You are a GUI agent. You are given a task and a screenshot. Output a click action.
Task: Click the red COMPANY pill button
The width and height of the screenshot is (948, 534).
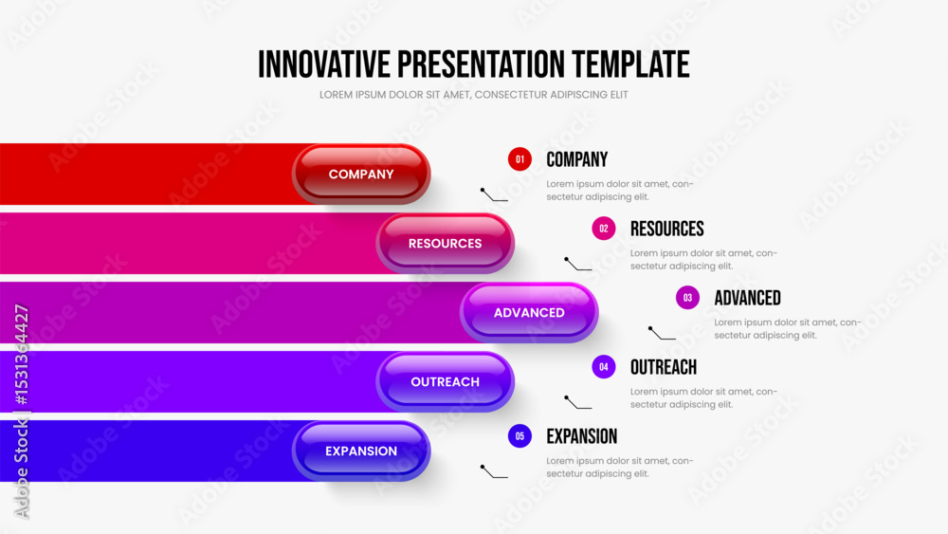pos(361,175)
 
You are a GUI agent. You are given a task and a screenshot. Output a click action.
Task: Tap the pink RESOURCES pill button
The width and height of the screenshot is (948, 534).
pos(445,243)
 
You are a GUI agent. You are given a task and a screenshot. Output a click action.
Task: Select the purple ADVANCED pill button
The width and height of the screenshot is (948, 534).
pos(529,313)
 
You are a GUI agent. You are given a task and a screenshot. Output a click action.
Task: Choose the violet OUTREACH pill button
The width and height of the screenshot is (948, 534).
pos(445,381)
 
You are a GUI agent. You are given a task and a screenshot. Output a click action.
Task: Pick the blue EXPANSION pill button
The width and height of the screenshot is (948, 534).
pos(361,451)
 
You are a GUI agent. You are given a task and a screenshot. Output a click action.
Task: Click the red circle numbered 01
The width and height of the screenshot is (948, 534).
pos(520,159)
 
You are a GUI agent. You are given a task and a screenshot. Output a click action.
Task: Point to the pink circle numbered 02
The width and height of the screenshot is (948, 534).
pos(603,229)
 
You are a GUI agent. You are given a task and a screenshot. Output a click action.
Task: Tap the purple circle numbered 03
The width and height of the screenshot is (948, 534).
pos(687,298)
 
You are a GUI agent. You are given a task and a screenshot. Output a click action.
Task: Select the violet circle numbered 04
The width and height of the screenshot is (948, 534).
pos(603,366)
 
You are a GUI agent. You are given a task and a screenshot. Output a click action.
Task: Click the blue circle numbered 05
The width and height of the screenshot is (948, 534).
pos(520,436)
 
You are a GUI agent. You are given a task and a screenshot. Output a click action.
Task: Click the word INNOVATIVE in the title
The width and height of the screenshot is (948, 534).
pos(324,64)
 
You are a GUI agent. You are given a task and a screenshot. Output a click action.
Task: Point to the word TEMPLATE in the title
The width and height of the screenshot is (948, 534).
pos(630,64)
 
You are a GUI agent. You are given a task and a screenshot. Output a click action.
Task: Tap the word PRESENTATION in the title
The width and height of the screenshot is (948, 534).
pos(482,64)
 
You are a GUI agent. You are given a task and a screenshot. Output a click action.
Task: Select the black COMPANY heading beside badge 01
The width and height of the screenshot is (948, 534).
pos(576,159)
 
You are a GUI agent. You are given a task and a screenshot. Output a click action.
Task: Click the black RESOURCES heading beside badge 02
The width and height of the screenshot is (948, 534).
pos(666,229)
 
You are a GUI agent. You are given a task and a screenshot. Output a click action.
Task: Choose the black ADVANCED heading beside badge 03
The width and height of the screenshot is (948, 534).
pos(747,298)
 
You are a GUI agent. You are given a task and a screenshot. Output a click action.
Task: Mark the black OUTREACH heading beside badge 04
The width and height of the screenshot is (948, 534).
pos(664,367)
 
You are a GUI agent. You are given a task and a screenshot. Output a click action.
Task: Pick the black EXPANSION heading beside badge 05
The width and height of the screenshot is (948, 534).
pos(582,436)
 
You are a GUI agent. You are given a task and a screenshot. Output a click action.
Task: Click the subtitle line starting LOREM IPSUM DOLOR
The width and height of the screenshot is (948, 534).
pos(473,95)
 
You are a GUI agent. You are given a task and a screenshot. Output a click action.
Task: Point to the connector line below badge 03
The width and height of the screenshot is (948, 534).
pos(660,336)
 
